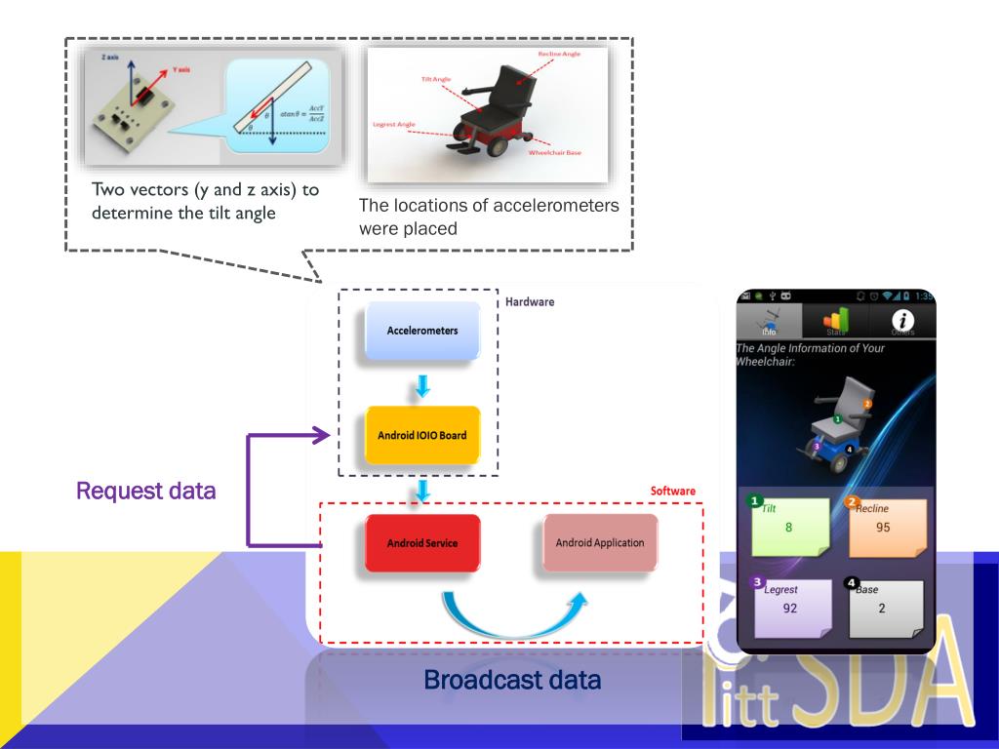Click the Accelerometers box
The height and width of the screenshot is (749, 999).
point(421,331)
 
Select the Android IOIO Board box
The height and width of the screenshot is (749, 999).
point(421,434)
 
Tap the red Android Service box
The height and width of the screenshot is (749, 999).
point(421,542)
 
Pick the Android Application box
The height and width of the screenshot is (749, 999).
point(599,542)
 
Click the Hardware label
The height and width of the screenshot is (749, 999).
point(530,302)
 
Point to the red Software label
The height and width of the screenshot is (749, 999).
point(673,491)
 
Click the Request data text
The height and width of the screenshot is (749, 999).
point(146,491)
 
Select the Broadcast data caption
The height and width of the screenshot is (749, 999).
point(512,680)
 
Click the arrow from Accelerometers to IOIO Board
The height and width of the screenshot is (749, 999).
point(422,386)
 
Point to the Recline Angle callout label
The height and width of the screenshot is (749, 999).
point(559,54)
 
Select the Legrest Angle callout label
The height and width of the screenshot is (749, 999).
point(394,124)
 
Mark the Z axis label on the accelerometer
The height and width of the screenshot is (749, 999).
point(109,59)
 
